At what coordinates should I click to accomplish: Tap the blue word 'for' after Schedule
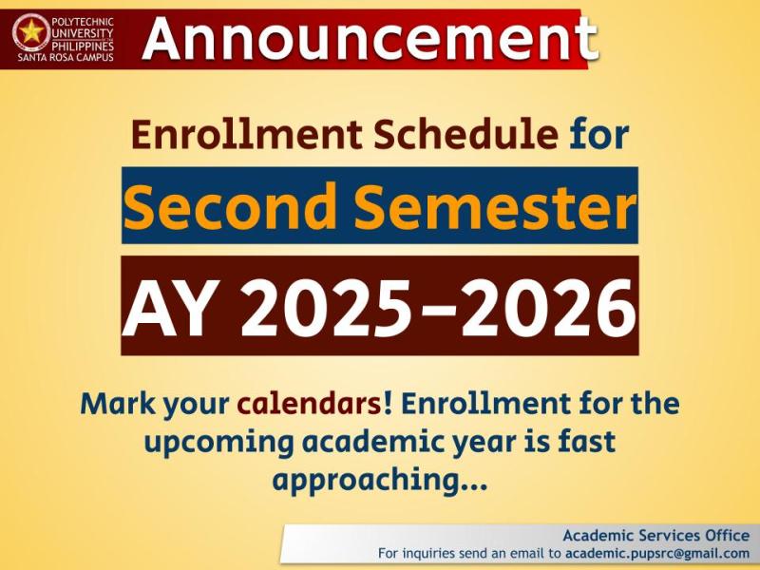tap(599, 135)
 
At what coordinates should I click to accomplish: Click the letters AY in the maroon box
tap(168, 306)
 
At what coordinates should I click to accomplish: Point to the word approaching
tap(367, 481)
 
